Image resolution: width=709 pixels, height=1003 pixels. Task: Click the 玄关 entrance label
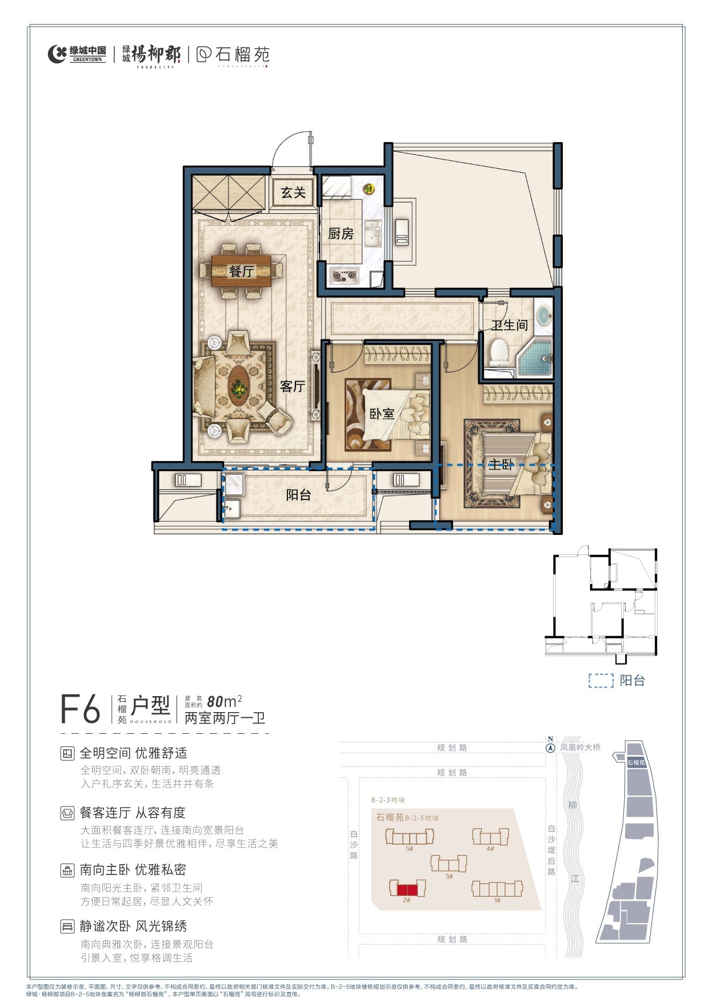click(x=293, y=193)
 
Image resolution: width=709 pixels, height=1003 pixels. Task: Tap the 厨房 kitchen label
click(x=341, y=234)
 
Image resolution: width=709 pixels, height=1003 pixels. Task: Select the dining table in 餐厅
click(x=241, y=271)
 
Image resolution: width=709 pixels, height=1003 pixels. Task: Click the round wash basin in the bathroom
click(x=544, y=315)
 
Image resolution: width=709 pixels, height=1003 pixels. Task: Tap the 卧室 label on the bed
click(x=382, y=414)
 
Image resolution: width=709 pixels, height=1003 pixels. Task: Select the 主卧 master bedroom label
click(x=501, y=464)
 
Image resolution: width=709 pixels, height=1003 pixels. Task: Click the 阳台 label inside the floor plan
click(x=298, y=495)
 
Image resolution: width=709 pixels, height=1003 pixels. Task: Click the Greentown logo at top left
click(x=77, y=54)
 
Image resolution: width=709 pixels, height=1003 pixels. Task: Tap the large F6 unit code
click(x=80, y=709)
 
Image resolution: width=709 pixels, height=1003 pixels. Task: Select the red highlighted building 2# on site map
click(x=407, y=889)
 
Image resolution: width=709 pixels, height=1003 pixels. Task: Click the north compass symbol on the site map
click(x=550, y=748)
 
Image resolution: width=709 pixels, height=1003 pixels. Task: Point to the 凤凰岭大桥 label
click(x=580, y=747)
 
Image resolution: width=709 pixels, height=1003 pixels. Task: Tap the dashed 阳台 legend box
click(x=600, y=681)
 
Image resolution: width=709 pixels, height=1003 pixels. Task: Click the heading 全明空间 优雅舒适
click(x=133, y=753)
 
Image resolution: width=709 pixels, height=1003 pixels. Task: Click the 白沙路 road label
click(x=354, y=845)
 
